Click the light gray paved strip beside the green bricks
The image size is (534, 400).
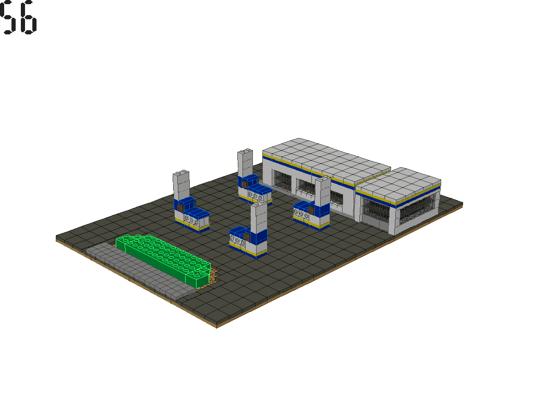coord(136,273)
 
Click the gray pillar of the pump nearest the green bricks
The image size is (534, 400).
coord(181,185)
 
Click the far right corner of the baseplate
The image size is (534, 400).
coord(462,202)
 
